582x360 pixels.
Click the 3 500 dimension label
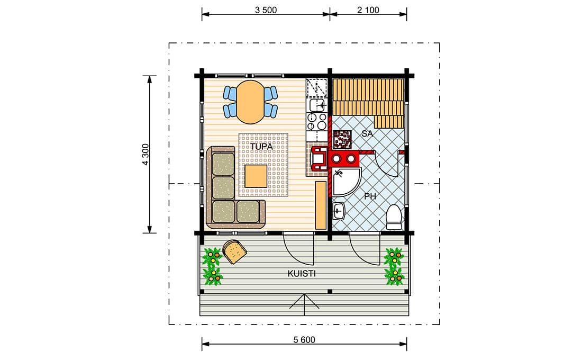point(266,10)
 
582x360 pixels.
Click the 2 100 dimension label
point(368,10)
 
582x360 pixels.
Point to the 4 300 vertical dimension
point(145,155)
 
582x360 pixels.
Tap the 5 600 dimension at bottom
point(304,339)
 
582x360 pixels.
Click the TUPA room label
point(261,146)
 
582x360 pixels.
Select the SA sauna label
point(367,134)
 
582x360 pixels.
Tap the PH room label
point(370,196)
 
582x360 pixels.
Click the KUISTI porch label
point(302,274)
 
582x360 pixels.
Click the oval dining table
point(251,102)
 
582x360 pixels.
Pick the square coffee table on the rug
point(256,176)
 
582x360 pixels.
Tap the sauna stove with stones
point(342,139)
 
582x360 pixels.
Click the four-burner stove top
point(316,121)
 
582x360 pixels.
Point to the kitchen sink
point(317,105)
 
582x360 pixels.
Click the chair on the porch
point(234,251)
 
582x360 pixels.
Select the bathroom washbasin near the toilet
point(339,211)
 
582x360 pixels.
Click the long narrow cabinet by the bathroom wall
point(321,205)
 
